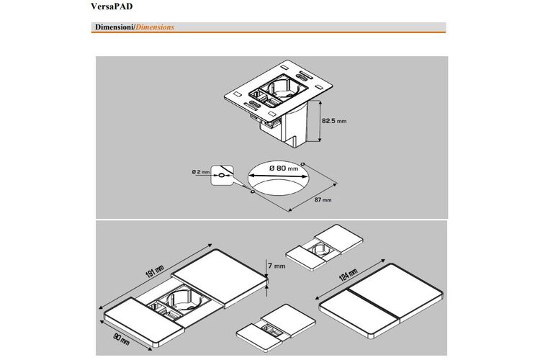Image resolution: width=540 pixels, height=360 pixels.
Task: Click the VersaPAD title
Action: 112,6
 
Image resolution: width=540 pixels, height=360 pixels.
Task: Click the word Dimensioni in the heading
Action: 114,27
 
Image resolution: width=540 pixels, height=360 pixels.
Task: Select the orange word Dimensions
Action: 155,27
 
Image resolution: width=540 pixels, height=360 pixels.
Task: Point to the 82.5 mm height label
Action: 334,121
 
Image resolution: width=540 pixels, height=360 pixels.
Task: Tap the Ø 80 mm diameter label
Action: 284,168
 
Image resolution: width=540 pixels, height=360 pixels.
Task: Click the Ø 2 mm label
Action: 201,171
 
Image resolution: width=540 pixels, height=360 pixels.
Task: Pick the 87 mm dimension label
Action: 323,199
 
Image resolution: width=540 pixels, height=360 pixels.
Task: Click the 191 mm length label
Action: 155,272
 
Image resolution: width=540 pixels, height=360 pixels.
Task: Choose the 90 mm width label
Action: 121,340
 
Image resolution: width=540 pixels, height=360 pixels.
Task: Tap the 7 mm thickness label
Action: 277,266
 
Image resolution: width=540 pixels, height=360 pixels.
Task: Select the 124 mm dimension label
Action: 348,275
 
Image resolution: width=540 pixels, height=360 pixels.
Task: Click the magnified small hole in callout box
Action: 222,176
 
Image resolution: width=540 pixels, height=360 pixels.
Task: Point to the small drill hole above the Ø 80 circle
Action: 302,163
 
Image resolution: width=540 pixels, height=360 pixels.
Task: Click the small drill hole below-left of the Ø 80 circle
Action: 253,192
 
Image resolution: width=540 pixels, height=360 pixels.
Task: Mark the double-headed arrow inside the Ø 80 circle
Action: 278,176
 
